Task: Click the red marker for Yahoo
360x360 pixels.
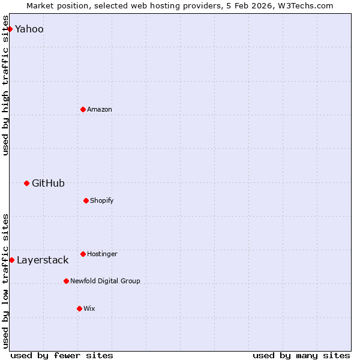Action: click(10, 29)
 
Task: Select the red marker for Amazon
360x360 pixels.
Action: click(83, 109)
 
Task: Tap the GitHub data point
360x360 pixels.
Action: click(26, 183)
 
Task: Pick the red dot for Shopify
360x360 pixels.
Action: click(86, 200)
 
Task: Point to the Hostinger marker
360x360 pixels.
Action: click(83, 254)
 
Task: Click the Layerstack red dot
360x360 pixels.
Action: click(11, 260)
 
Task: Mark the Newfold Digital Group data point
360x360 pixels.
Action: click(66, 281)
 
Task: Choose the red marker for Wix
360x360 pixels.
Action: click(79, 308)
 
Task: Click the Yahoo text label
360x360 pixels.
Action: click(29, 29)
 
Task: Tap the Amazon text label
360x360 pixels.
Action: click(100, 109)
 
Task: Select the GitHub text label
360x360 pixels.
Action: click(48, 183)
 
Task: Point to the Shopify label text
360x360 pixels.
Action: click(102, 200)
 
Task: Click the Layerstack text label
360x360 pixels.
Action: click(43, 260)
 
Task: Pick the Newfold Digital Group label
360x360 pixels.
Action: click(105, 281)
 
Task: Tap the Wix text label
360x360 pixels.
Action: click(89, 308)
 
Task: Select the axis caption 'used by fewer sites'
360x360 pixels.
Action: click(62, 355)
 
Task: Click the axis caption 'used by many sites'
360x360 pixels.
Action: click(301, 355)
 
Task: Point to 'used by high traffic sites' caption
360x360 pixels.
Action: click(5, 91)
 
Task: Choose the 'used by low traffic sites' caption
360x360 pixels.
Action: click(5, 281)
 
